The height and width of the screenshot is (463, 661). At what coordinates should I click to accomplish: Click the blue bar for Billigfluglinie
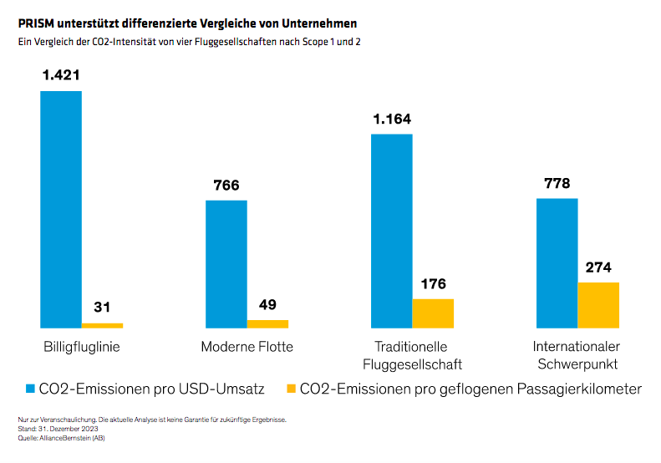click(x=61, y=209)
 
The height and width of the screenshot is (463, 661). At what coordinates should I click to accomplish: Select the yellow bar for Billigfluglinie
click(x=102, y=325)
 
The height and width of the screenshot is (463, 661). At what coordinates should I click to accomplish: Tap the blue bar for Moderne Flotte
click(x=226, y=264)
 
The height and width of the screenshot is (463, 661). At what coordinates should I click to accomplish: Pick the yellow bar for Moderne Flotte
click(x=267, y=323)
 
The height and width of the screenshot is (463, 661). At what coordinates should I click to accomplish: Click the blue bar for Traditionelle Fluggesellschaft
click(x=391, y=231)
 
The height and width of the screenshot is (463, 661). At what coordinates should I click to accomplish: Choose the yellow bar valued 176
click(x=433, y=313)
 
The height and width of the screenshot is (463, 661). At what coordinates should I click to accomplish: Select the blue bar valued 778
click(x=557, y=263)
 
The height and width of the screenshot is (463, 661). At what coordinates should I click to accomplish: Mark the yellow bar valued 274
click(x=598, y=305)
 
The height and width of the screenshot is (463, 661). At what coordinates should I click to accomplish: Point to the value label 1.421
click(x=61, y=75)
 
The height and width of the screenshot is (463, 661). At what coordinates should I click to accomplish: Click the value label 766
click(x=226, y=185)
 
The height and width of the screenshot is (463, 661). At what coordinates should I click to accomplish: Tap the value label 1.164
click(x=392, y=119)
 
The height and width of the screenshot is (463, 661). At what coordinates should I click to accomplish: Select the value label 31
click(x=102, y=307)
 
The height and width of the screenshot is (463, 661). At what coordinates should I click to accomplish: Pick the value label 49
click(x=267, y=304)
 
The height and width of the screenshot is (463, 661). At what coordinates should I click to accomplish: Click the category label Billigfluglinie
click(x=82, y=347)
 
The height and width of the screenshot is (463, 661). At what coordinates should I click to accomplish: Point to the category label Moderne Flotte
click(x=247, y=347)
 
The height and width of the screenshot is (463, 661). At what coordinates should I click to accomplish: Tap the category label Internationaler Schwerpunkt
click(x=577, y=355)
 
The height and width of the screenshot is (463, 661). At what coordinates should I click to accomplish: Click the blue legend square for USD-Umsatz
click(x=31, y=389)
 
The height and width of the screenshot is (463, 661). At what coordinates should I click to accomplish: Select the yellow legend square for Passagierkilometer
click(x=291, y=389)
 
